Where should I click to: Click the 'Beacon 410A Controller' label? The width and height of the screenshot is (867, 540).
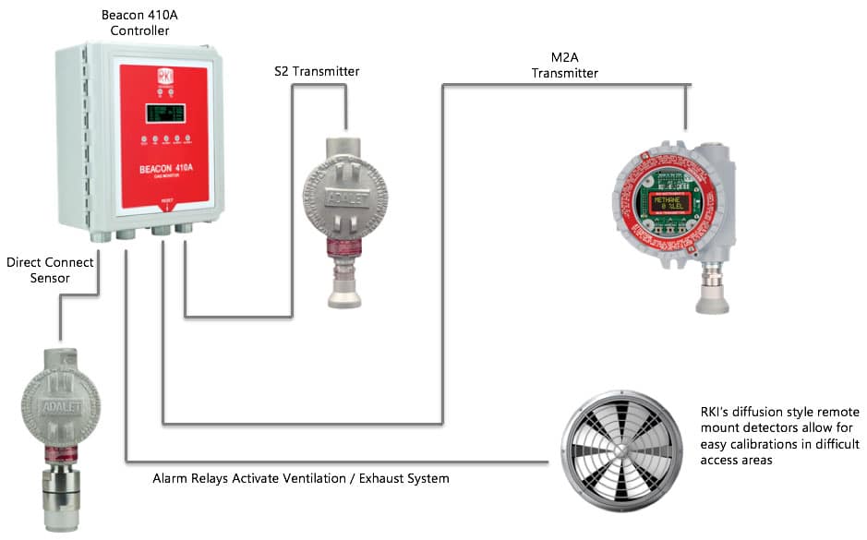click(x=136, y=23)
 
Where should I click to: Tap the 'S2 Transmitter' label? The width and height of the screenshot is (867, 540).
click(x=317, y=71)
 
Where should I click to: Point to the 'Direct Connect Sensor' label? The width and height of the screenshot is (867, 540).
click(x=51, y=270)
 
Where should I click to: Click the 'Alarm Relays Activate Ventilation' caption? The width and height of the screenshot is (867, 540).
click(x=300, y=478)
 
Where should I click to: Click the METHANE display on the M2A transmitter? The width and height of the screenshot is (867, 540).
click(x=673, y=203)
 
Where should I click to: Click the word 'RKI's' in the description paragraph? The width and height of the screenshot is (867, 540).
click(x=716, y=414)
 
